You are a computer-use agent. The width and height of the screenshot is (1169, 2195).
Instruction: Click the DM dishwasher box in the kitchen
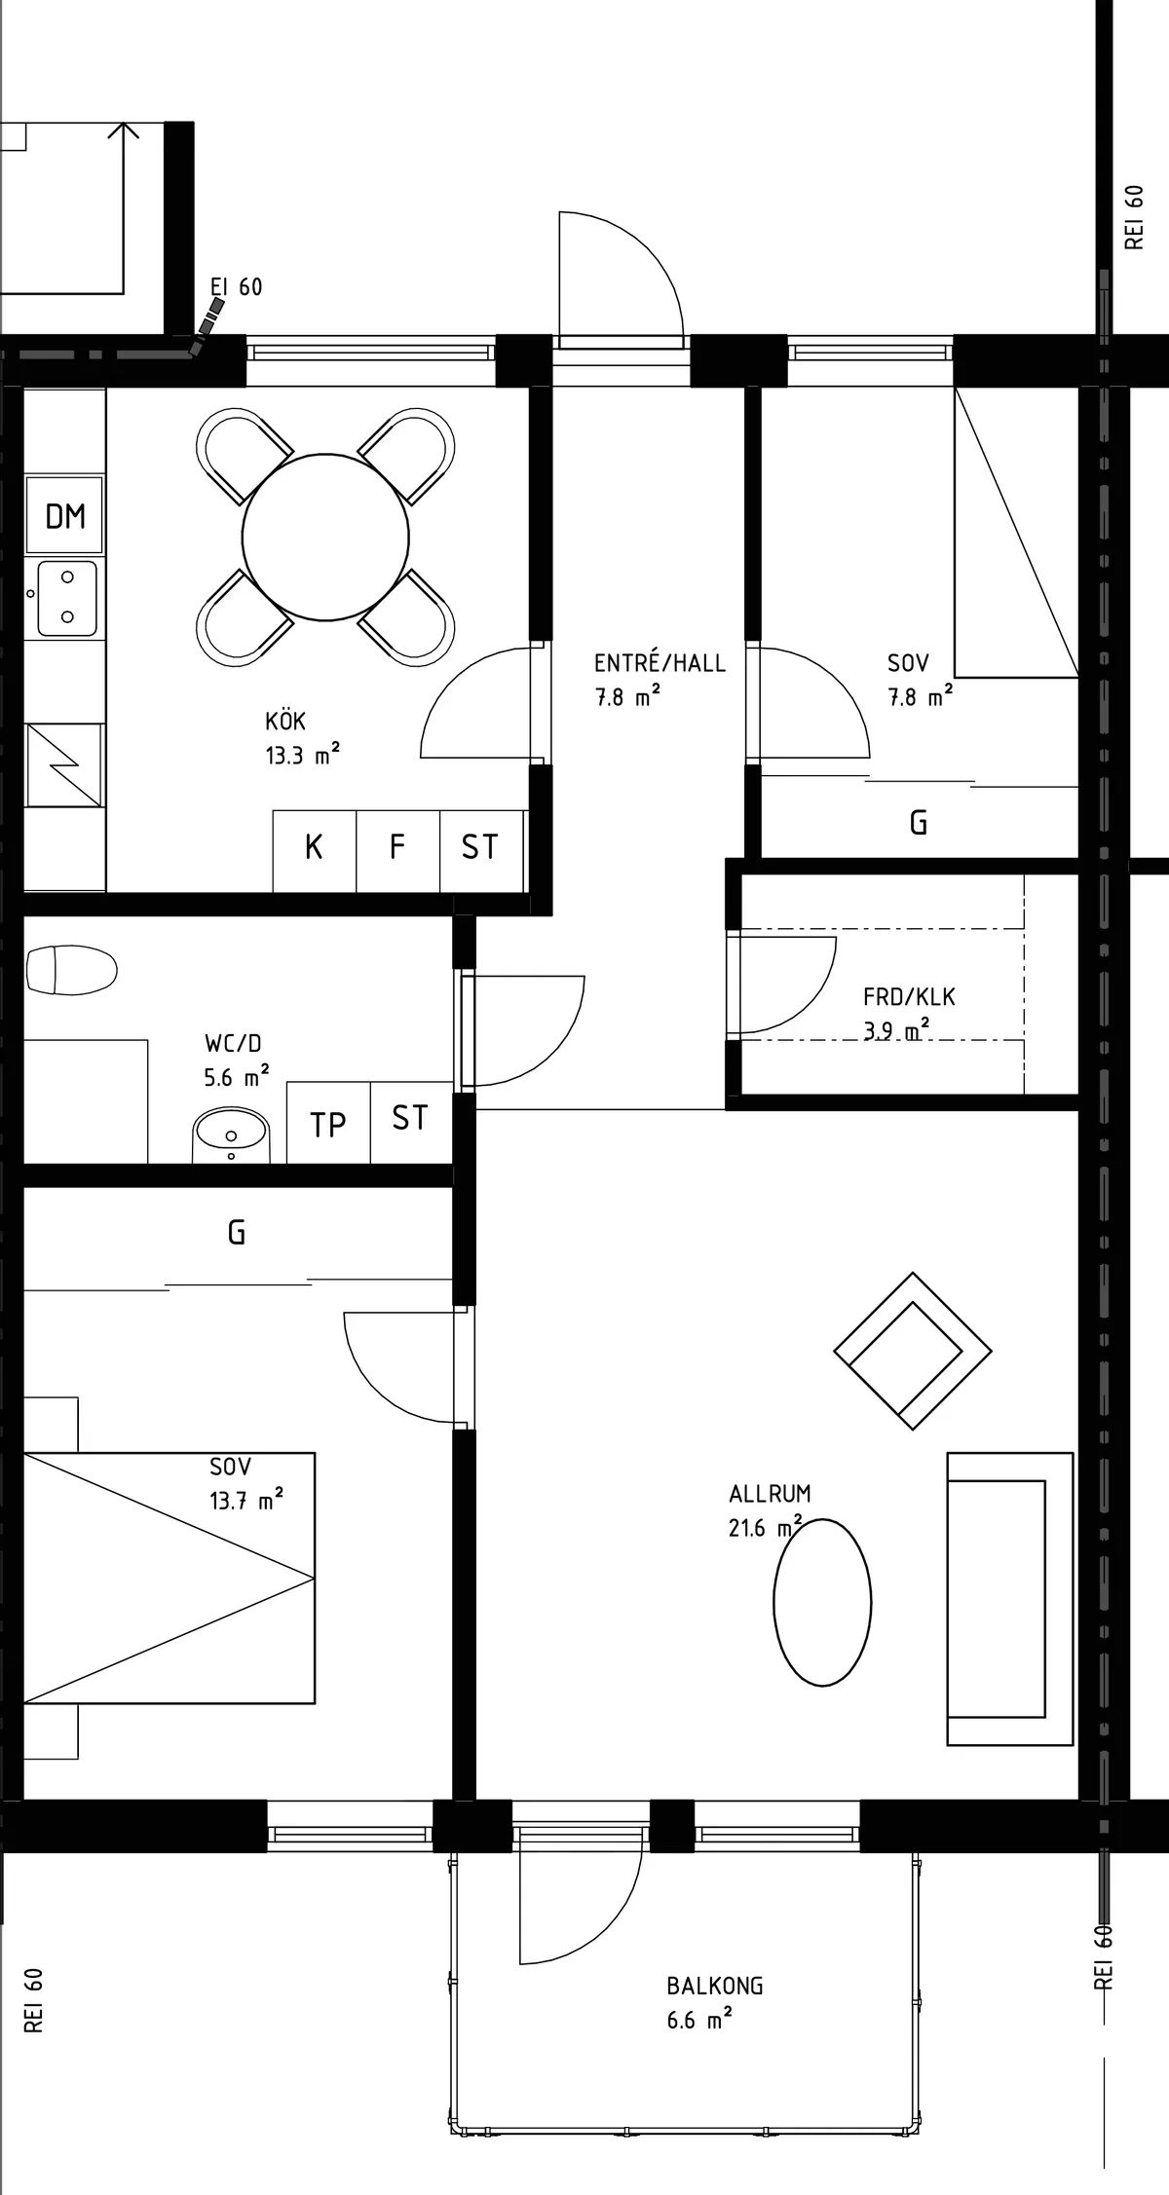click(65, 516)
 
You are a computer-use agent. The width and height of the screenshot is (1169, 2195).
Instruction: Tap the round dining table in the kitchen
click(325, 537)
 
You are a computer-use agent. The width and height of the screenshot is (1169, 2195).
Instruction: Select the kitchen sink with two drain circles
click(63, 598)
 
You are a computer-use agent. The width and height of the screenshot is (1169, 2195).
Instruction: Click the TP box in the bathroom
click(328, 1125)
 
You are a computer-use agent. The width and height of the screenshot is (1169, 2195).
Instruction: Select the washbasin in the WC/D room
click(231, 1133)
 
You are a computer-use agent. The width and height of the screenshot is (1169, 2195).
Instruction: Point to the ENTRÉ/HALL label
click(660, 663)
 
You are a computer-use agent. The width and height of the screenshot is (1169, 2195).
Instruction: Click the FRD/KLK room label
click(909, 997)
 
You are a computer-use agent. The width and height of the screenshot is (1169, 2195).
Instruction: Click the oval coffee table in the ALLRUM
click(822, 1602)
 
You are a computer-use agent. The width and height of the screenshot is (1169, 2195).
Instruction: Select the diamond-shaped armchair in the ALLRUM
click(913, 1351)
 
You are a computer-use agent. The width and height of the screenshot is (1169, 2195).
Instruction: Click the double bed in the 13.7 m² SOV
click(169, 1578)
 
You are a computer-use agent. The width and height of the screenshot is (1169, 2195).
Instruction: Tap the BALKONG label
click(714, 1985)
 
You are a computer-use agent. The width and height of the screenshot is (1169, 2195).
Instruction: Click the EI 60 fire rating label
click(236, 287)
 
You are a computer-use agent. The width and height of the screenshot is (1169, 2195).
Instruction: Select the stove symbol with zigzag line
click(63, 765)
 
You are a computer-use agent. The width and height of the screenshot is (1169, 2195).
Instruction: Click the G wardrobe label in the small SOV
click(918, 824)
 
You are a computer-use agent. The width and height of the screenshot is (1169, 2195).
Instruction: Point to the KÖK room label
click(285, 722)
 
